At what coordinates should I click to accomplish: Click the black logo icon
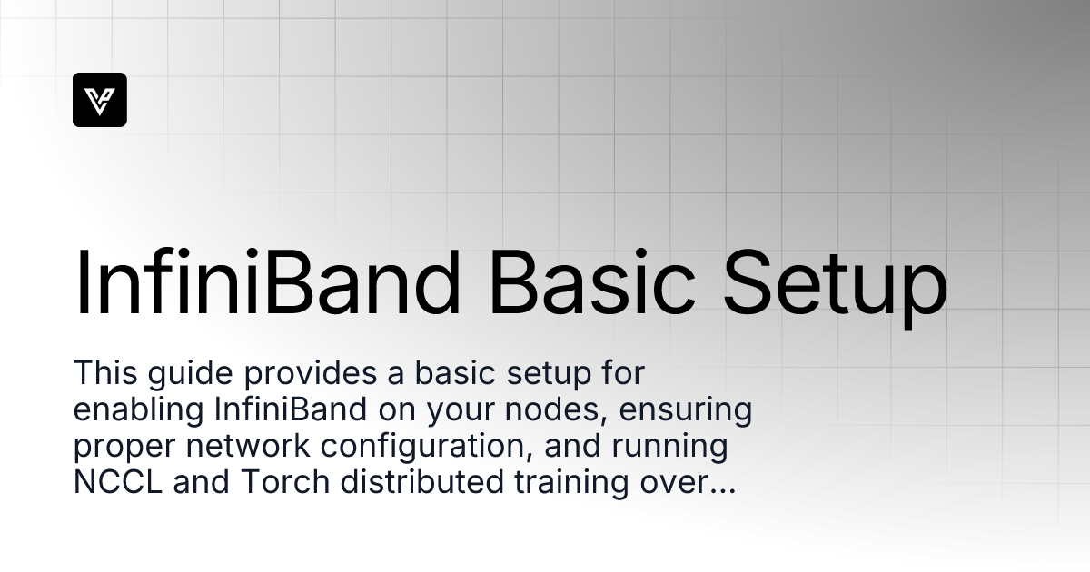[100, 100]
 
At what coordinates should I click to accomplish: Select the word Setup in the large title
[836, 283]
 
